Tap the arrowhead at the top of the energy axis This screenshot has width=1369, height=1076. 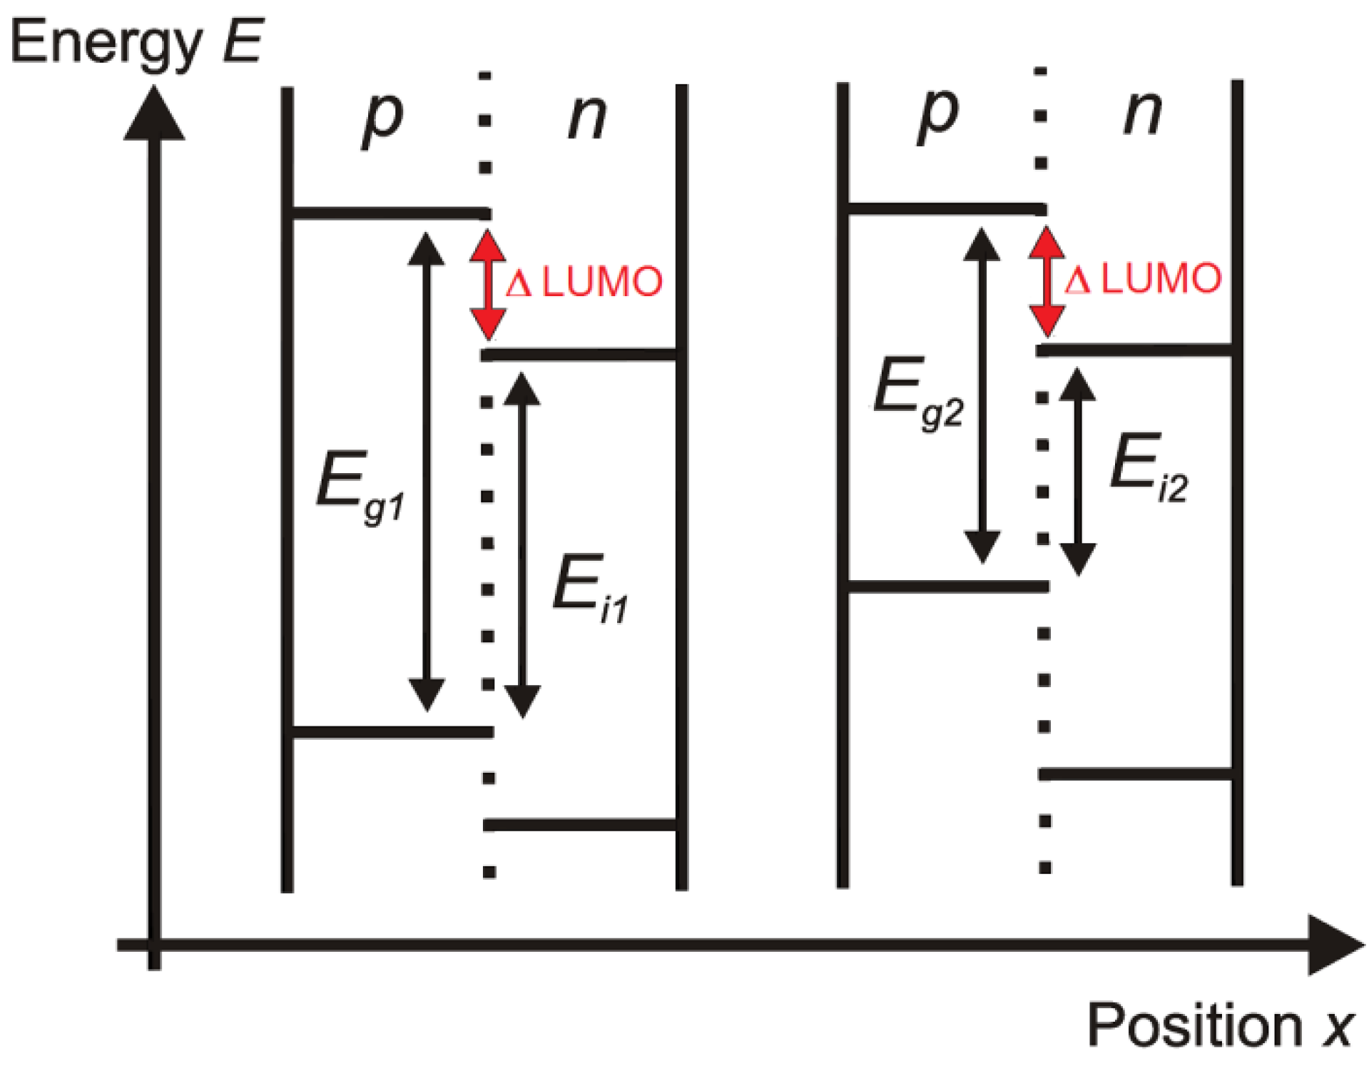[154, 114]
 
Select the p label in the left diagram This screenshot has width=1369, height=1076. [383, 118]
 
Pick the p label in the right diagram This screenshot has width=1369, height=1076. [938, 114]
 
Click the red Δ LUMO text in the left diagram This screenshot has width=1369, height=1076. [584, 283]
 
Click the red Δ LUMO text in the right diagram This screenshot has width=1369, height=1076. [1143, 279]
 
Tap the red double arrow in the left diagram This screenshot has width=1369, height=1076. [488, 284]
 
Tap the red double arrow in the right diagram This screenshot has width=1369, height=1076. [1047, 281]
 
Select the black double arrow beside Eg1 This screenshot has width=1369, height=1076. [427, 472]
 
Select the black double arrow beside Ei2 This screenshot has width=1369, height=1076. [1077, 472]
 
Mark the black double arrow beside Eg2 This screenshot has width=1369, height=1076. [982, 396]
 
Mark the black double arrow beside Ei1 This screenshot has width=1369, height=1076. [522, 545]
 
